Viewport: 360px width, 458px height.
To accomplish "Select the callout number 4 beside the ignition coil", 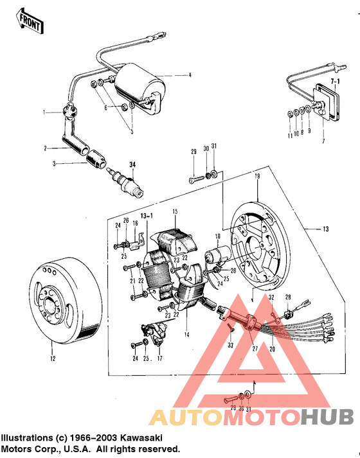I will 190,76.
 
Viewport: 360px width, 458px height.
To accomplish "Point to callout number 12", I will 54,351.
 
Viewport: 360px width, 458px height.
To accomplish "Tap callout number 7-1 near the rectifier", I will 334,83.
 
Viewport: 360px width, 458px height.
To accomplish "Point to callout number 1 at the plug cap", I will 45,112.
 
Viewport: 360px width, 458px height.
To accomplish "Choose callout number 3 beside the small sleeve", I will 55,164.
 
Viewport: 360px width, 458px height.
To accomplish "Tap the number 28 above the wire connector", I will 289,295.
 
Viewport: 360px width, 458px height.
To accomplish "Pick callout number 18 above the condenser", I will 217,238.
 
